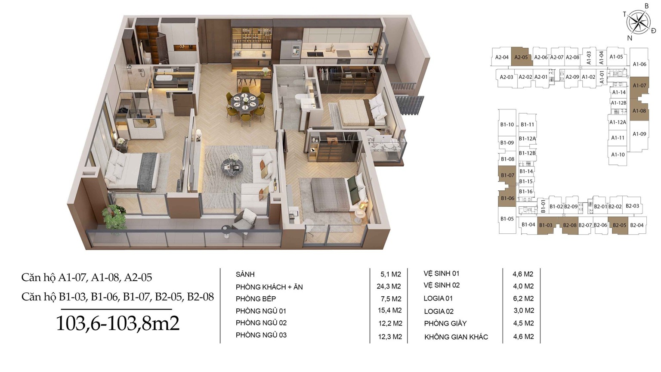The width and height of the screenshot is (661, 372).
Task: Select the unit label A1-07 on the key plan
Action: click(639, 86)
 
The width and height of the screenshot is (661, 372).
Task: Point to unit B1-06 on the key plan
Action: click(507, 198)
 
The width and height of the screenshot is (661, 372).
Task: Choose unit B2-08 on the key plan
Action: click(569, 225)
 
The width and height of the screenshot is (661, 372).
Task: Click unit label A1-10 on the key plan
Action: click(618, 155)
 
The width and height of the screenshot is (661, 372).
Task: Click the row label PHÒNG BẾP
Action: click(256, 299)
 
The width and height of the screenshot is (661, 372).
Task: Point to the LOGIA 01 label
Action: click(438, 298)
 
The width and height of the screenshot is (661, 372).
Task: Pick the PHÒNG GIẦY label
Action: click(445, 324)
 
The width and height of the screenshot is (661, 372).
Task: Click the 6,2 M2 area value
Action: click(523, 298)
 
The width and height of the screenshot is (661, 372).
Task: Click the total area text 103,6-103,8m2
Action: click(117, 323)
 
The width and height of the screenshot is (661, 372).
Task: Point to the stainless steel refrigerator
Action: click(290, 52)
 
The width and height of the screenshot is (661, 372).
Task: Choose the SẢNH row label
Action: click(245, 275)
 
